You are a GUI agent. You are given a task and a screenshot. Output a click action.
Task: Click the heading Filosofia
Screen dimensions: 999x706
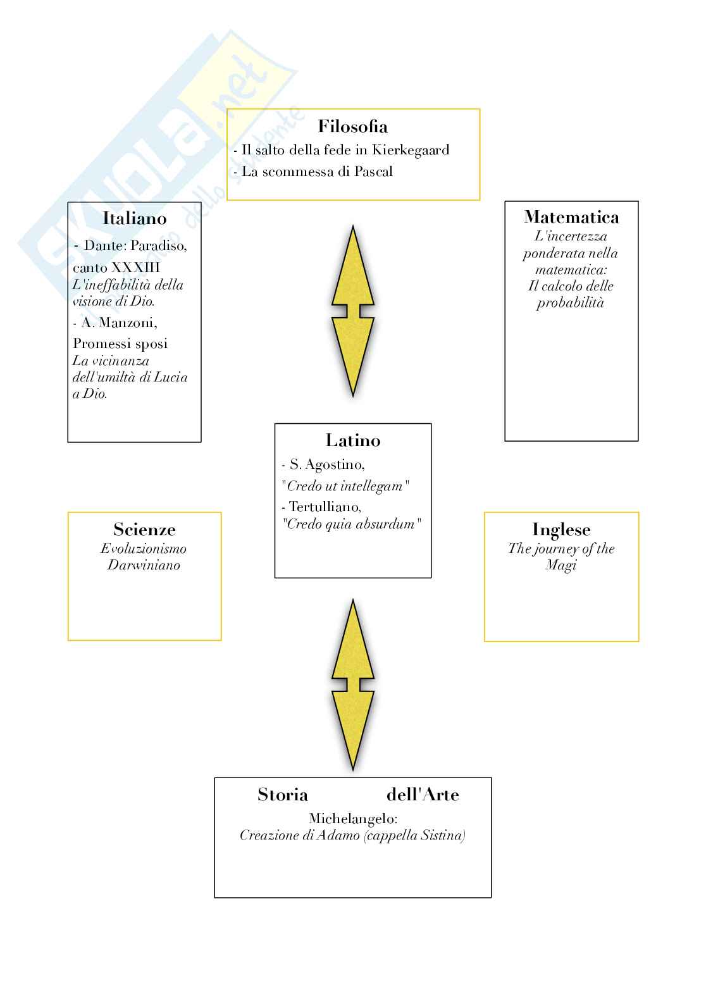[x=352, y=127]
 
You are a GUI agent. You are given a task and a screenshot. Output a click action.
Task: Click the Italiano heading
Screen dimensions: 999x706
[x=135, y=218]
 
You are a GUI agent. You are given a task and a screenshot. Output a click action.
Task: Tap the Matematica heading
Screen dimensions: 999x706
[x=571, y=217]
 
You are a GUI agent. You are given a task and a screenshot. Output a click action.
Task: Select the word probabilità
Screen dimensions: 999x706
[x=570, y=303]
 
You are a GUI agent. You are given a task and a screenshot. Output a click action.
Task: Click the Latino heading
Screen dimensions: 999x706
[x=353, y=440]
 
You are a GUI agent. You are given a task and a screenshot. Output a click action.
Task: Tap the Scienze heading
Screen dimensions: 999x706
[x=144, y=530]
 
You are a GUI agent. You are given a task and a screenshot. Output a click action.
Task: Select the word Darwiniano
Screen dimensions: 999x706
[x=144, y=566]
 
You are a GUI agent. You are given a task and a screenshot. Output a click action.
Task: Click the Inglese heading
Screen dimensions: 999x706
[x=561, y=530]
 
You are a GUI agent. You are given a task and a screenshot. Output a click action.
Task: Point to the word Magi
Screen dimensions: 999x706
[x=561, y=566]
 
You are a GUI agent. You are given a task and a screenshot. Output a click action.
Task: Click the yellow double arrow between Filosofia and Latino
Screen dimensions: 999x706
[x=353, y=311]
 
